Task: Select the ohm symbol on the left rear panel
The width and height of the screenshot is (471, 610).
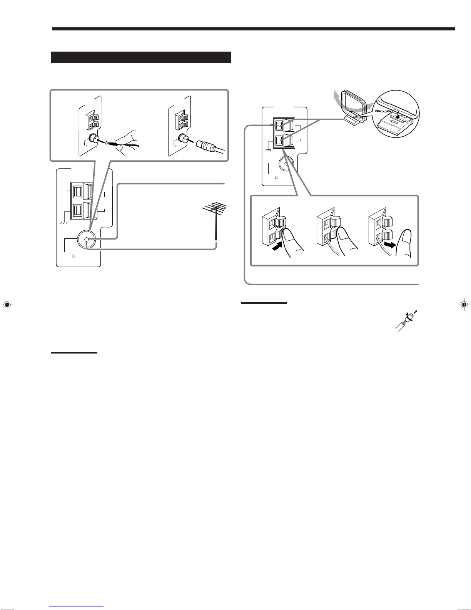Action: [x=73, y=256]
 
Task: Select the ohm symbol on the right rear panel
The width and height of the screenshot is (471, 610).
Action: [x=276, y=178]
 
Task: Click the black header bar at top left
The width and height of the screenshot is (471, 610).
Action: [x=140, y=57]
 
